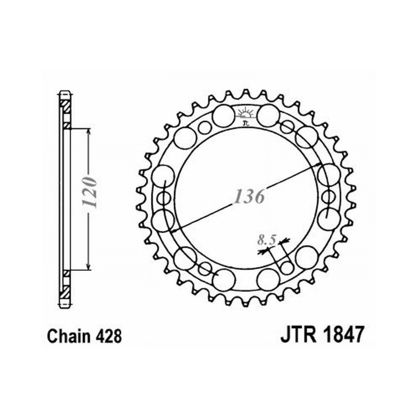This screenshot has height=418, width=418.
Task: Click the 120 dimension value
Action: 89,192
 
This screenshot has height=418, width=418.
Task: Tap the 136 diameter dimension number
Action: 249,197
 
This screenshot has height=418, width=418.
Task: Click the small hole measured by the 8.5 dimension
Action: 286,268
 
